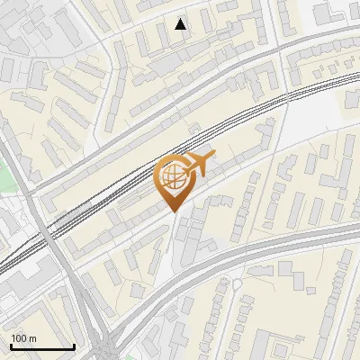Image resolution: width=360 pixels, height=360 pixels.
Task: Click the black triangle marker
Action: (181, 24)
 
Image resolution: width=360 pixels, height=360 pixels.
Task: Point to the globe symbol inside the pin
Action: (173, 177)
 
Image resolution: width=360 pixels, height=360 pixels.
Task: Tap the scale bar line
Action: (42, 347)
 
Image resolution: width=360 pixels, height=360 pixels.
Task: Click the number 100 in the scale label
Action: (18, 338)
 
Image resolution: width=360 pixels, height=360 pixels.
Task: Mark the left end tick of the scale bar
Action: (11, 346)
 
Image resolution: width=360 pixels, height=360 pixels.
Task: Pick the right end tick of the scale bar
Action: (74, 346)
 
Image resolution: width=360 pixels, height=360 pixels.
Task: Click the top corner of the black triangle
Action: (181, 19)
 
